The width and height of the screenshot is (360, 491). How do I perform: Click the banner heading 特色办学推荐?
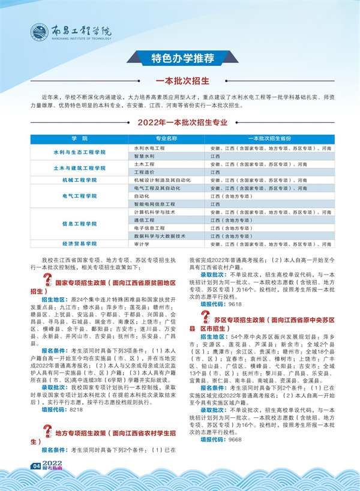[179, 58]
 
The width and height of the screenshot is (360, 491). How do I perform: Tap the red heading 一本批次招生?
[179, 81]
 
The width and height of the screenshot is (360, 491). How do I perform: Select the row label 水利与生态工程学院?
[79, 152]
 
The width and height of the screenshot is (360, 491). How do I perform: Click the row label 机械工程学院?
[79, 179]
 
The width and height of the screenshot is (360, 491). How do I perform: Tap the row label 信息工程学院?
[79, 224]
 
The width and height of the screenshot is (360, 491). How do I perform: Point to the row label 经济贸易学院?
[79, 244]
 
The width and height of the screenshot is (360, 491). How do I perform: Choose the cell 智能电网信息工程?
[153, 204]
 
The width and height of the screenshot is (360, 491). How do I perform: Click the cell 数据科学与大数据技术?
[159, 236]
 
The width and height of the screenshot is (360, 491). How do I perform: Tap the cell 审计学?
[142, 244]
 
